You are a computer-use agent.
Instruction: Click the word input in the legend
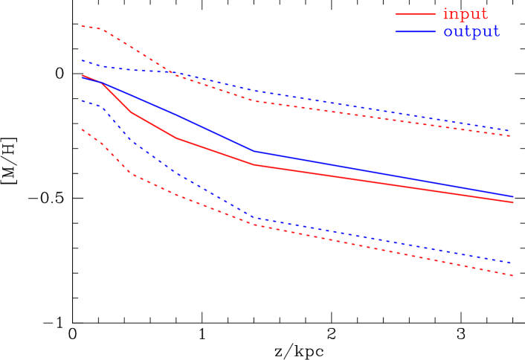465,14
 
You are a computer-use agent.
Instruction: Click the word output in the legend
471,32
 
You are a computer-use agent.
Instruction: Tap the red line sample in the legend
415,14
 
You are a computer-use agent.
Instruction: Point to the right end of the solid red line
513,202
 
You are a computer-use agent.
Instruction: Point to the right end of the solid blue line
513,196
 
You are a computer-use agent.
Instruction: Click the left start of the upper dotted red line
82,26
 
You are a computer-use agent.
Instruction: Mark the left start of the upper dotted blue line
82,60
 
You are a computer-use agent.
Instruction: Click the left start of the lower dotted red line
82,129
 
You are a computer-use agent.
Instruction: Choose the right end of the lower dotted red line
513,276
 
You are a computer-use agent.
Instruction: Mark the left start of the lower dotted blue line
82,100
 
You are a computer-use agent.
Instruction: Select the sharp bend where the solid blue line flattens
254,151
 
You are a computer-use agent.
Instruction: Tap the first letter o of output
448,33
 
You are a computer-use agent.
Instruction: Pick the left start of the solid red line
82,75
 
